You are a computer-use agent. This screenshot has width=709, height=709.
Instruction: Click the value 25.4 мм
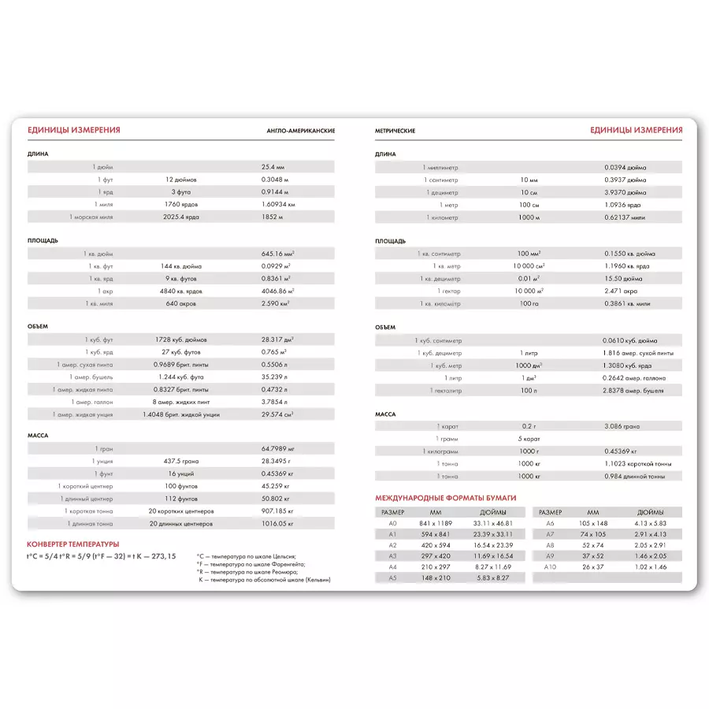pos(273,167)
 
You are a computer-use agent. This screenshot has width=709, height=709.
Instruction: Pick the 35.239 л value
pos(274,377)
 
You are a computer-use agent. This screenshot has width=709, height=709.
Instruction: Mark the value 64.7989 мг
pos(277,448)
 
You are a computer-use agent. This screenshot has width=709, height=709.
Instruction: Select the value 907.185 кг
pos(277,511)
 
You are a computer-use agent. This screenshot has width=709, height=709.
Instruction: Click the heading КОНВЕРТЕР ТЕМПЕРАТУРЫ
pos(72,544)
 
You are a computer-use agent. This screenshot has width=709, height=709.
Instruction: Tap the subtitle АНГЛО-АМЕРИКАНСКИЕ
pos(301,131)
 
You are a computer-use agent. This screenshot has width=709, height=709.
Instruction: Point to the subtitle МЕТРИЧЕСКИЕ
pos(395,131)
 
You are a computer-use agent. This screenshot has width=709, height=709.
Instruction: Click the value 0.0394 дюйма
pos(625,167)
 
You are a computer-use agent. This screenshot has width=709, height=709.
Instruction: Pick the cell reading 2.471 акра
pos(621,291)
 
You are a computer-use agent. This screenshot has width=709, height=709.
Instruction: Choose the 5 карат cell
pos(529,438)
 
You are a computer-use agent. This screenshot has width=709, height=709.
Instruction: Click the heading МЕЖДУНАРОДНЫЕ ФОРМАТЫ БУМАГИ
pos(446,498)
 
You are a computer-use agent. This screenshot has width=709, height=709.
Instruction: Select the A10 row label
pos(550,567)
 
